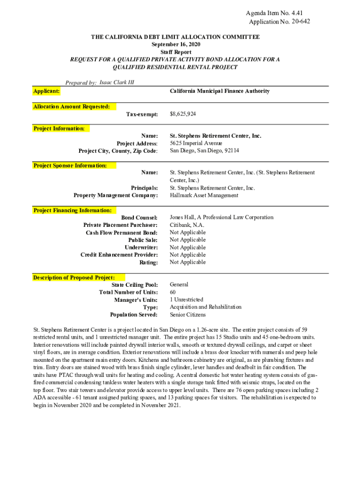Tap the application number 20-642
[301, 22]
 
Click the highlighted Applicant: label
[46, 91]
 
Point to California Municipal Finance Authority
[219, 91]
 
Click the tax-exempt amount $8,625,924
[183, 114]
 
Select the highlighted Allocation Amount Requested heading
[72, 107]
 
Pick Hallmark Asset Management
[204, 195]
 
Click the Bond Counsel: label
[139, 217]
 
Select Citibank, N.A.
[187, 225]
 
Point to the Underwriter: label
[141, 247]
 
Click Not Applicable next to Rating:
[188, 262]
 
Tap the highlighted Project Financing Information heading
[72, 210]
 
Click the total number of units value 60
[173, 292]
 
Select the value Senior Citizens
[188, 315]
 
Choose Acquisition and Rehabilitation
[205, 307]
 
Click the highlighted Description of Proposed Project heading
[73, 277]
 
